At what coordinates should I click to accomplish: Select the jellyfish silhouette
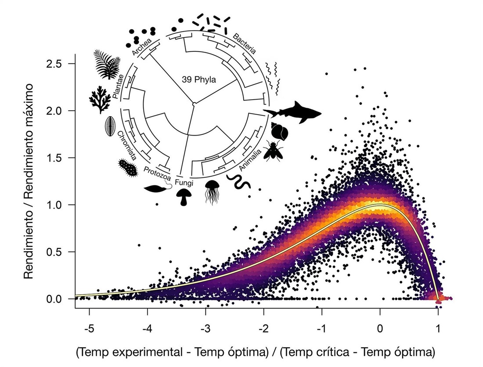(212, 192)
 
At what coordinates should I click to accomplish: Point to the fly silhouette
(273, 150)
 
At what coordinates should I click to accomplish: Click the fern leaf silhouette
(106, 64)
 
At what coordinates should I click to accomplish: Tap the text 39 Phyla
(199, 80)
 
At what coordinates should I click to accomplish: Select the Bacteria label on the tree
(244, 43)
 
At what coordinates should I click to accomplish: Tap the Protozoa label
(157, 173)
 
